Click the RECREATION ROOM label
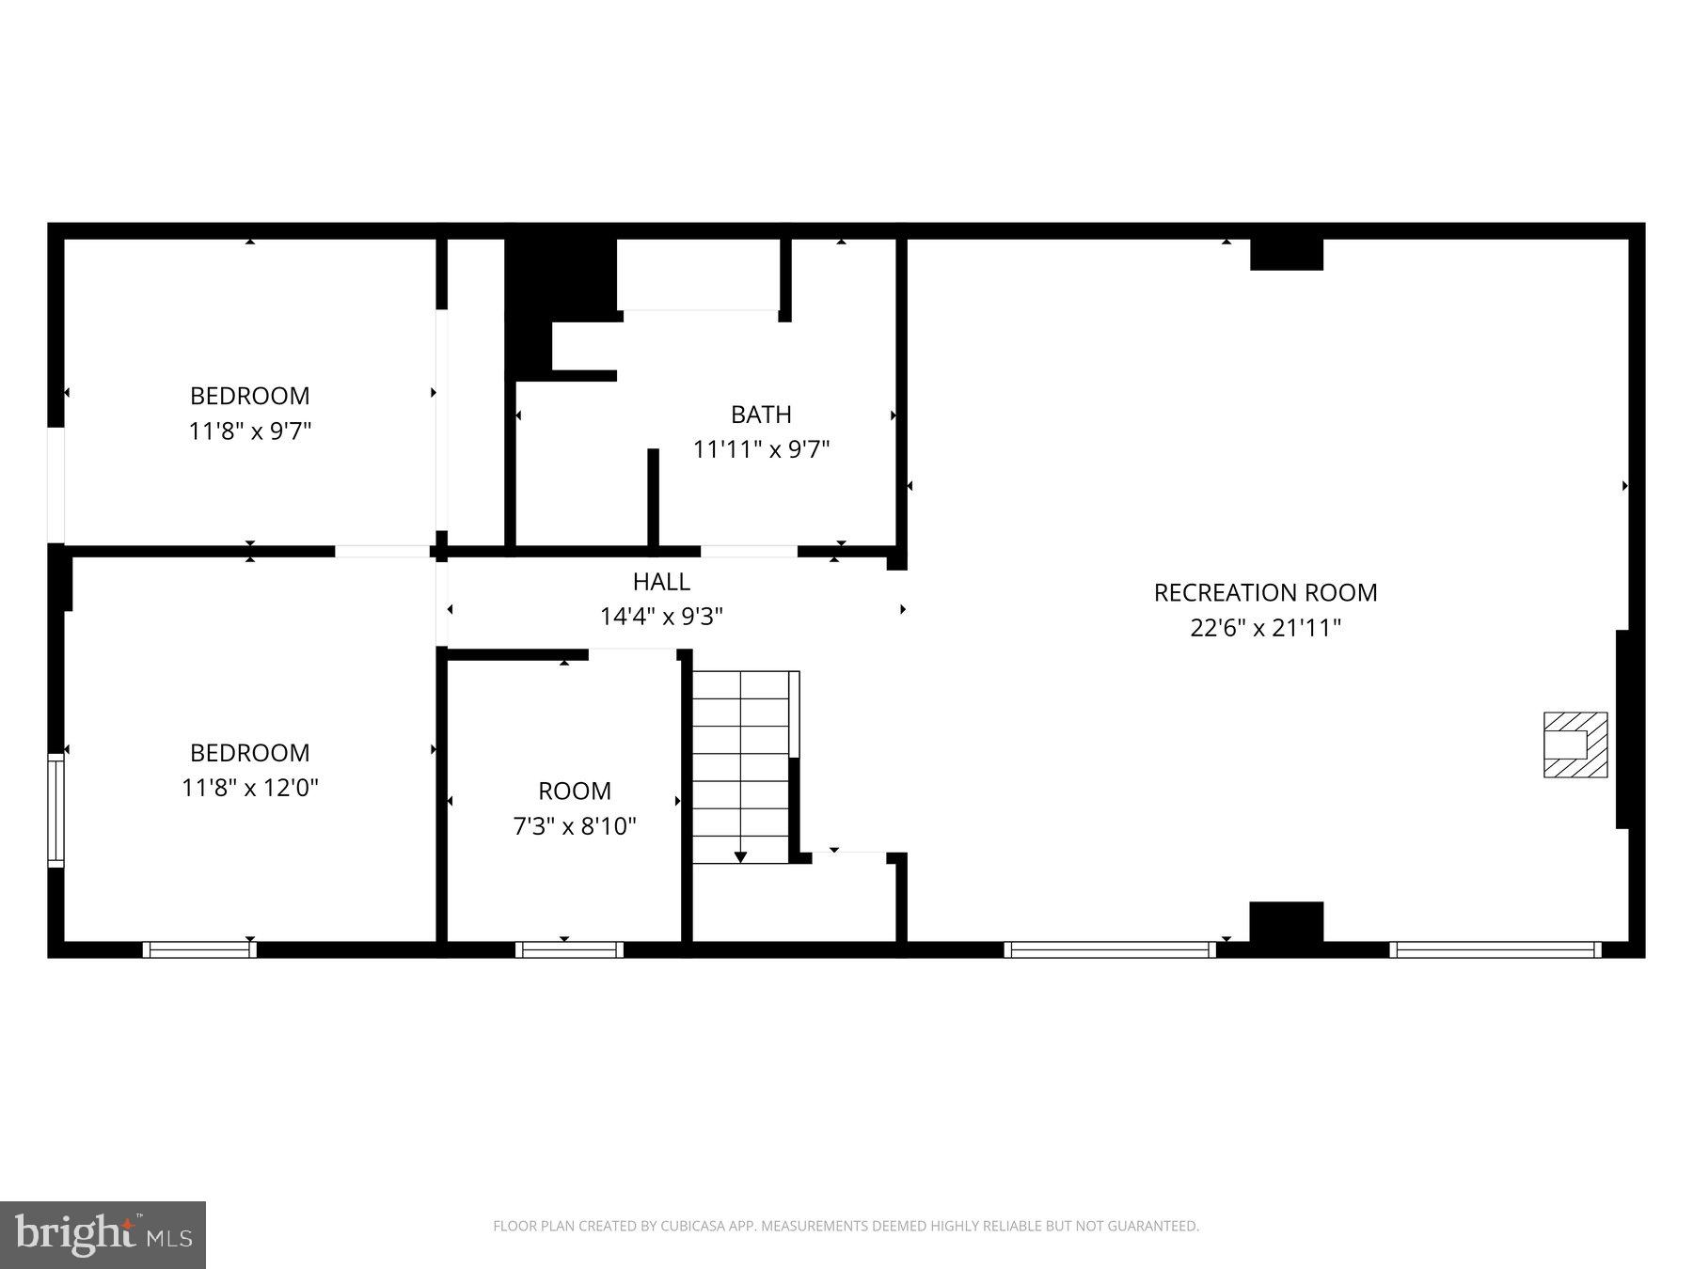(x=1265, y=592)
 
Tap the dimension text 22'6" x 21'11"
(x=1265, y=628)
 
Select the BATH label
(x=761, y=414)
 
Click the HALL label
(x=661, y=581)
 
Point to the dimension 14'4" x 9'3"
(x=661, y=617)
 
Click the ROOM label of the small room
(x=574, y=791)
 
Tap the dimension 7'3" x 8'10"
(x=574, y=826)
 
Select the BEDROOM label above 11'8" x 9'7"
(x=249, y=396)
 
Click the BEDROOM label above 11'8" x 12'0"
(x=249, y=752)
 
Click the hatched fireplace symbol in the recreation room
(x=1574, y=744)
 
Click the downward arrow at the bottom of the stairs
(x=740, y=856)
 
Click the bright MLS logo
(x=103, y=1234)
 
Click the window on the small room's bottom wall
(x=569, y=949)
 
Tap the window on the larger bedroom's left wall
(x=55, y=810)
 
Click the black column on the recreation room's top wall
(x=1286, y=255)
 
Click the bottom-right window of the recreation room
(x=1495, y=949)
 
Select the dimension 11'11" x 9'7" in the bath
(x=761, y=449)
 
